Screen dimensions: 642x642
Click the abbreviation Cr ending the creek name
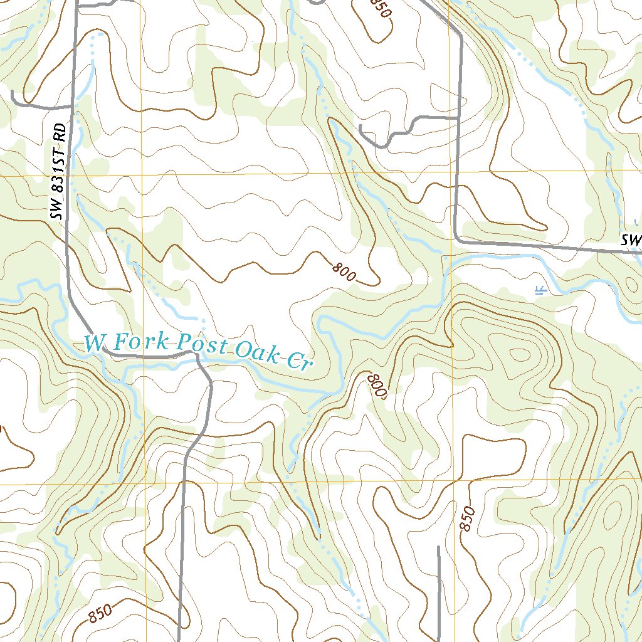pos(297,361)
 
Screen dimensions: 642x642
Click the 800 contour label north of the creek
pos(345,271)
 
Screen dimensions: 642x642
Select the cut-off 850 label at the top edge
pos(380,8)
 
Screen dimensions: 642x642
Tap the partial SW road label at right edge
pos(631,239)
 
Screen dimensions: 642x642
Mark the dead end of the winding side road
pos(361,127)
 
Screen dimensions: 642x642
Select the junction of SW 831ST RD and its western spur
pos(72,107)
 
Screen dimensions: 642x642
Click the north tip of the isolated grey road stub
pos(438,547)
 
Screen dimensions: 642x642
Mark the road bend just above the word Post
pos(196,355)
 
